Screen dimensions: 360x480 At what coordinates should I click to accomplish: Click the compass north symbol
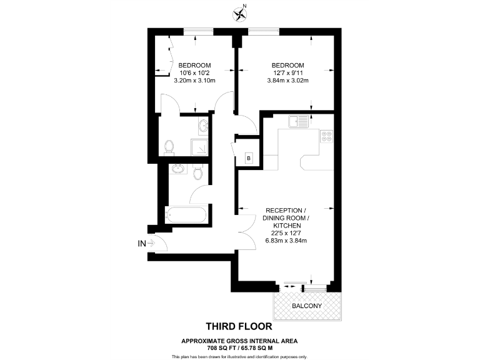tap(239, 13)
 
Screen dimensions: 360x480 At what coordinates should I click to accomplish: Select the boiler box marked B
tap(248, 159)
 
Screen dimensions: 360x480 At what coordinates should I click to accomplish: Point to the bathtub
tap(184, 216)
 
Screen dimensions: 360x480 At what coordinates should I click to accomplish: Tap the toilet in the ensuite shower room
tap(168, 147)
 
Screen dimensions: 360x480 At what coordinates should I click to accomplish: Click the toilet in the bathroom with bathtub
tap(198, 170)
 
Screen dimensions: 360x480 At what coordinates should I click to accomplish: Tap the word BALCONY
tap(307, 306)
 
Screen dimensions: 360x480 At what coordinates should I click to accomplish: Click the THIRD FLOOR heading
tap(239, 326)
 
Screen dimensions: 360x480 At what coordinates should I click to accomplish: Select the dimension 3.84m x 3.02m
tap(288, 81)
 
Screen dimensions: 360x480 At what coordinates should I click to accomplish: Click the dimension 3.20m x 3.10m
tap(194, 81)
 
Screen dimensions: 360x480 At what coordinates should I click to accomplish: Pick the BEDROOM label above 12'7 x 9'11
tap(287, 65)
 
